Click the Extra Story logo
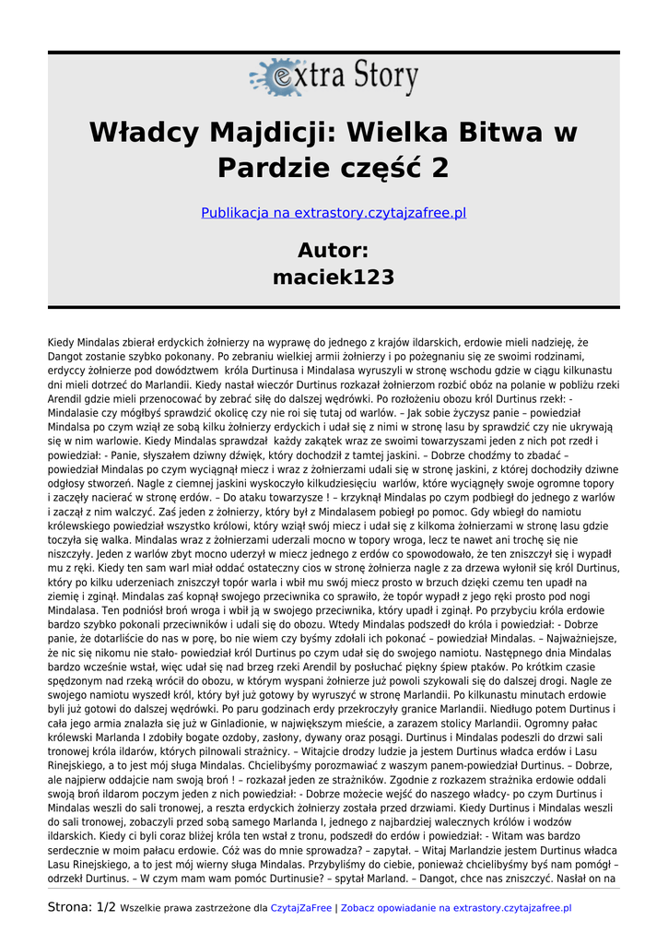click(333, 77)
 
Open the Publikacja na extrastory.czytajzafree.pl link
click(334, 213)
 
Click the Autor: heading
click(334, 250)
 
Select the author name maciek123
click(334, 277)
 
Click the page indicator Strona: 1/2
click(82, 907)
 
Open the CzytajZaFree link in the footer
click(300, 908)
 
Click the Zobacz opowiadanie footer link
click(456, 908)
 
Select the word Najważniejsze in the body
click(571, 636)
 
